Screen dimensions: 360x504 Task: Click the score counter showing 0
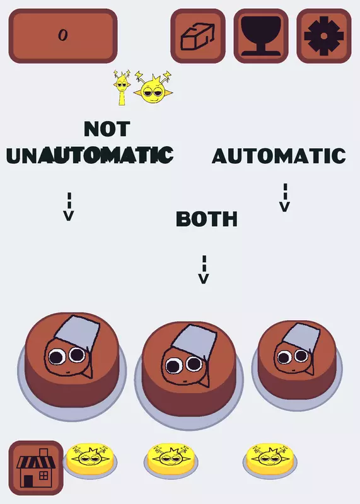63,36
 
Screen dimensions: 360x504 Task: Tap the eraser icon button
198,36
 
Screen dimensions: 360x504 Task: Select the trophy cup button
261,36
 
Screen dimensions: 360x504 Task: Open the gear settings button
323,36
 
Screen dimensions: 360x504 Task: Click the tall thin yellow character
122,88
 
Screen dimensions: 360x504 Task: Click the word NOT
107,129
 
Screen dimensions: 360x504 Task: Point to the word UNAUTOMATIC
90,155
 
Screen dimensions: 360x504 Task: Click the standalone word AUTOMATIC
279,156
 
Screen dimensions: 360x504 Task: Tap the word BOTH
207,219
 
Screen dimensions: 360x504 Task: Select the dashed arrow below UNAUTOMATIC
69,207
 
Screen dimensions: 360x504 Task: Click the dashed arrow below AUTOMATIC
285,198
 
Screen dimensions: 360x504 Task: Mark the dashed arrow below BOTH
204,270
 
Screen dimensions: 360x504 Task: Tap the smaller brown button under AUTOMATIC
297,364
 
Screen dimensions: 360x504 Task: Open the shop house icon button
36,467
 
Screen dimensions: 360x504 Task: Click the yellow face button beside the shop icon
90,461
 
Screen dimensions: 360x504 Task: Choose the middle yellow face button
171,461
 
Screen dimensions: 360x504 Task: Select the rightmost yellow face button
270,461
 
